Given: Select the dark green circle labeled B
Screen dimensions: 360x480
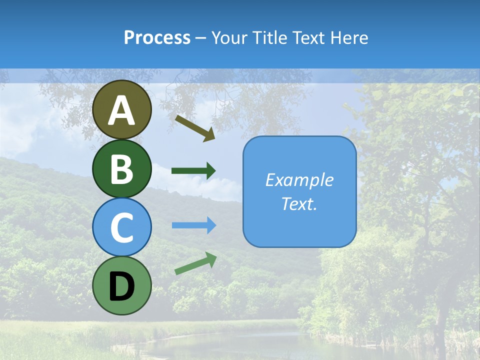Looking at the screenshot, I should point(122,168).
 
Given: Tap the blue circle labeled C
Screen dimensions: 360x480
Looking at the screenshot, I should point(122,227).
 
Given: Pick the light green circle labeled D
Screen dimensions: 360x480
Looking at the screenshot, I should point(122,285).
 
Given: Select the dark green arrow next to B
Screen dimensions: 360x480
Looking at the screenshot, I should point(193,170).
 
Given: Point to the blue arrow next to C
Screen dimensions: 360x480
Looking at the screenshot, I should point(194,225).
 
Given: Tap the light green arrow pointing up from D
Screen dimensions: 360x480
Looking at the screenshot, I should point(195,264).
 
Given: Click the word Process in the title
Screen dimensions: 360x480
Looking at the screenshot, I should point(157,38).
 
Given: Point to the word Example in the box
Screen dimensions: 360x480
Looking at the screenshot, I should point(299,180).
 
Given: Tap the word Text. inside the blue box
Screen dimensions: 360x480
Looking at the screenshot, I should point(299,204).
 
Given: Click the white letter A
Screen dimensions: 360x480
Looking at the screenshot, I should point(122,110).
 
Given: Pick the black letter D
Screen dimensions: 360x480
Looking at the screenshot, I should point(122,286).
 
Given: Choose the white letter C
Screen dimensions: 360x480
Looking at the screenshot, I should point(122,227).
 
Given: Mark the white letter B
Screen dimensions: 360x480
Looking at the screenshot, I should point(122,169).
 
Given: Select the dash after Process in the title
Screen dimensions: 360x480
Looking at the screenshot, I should point(200,38).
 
